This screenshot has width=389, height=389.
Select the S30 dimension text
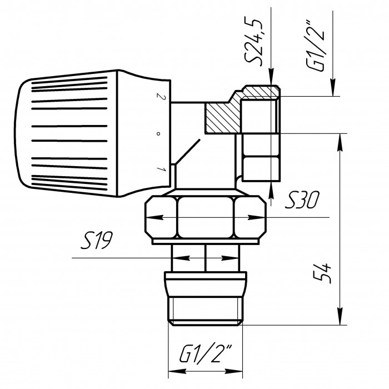(302, 200)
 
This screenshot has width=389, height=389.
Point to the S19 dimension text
(97, 240)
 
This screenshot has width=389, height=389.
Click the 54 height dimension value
(322, 273)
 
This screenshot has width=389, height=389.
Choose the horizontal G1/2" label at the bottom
(206, 353)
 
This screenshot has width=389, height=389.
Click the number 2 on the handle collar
(161, 96)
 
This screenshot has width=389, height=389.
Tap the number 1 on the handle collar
(161, 169)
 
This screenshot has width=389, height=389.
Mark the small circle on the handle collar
(158, 134)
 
